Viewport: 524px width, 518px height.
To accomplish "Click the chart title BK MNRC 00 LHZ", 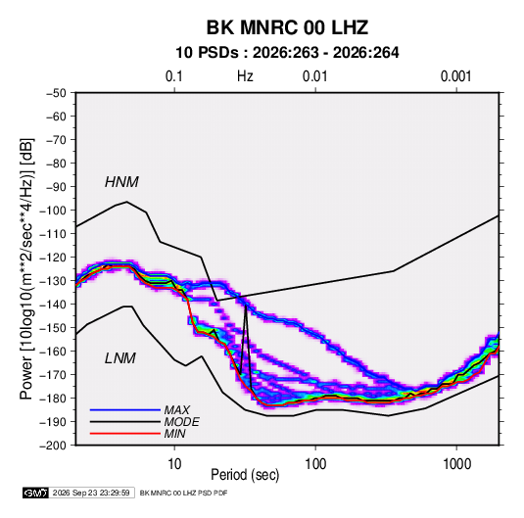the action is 287,27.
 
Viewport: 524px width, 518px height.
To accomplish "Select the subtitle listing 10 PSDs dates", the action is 287,53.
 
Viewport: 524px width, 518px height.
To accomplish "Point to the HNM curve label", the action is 121,182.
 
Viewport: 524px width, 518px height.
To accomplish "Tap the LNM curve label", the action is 120,358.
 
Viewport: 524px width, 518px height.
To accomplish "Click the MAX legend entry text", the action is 176,410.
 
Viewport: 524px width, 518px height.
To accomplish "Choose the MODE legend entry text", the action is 182,422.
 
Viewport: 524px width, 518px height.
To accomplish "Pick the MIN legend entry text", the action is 174,434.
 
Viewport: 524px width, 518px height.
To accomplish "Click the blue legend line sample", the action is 125,410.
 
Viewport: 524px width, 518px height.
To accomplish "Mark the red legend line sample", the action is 125,434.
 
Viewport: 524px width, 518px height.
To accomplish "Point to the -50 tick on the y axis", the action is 56,93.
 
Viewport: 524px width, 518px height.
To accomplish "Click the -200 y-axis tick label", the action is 53,446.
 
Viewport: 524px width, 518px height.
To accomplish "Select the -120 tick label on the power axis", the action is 53,258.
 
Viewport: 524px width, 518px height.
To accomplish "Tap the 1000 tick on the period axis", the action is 456,464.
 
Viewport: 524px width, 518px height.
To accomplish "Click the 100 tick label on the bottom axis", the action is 315,464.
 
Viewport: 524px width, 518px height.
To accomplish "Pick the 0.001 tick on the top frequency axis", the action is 455,76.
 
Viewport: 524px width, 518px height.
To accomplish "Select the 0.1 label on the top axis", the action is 174,76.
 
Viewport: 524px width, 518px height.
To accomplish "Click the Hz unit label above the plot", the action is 245,76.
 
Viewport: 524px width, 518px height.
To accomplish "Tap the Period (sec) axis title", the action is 245,475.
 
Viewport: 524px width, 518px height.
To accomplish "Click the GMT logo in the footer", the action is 36,493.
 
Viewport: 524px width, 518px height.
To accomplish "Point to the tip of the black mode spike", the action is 246,305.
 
